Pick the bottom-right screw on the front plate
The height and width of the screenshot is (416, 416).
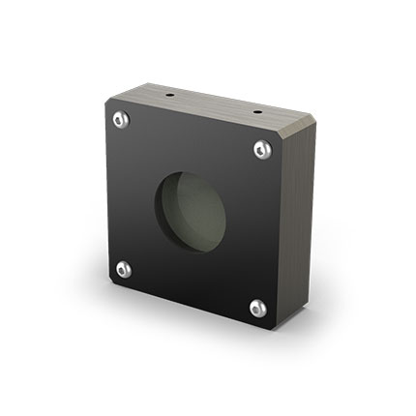(257, 308)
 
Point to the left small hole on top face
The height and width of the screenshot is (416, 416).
(170, 97)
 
